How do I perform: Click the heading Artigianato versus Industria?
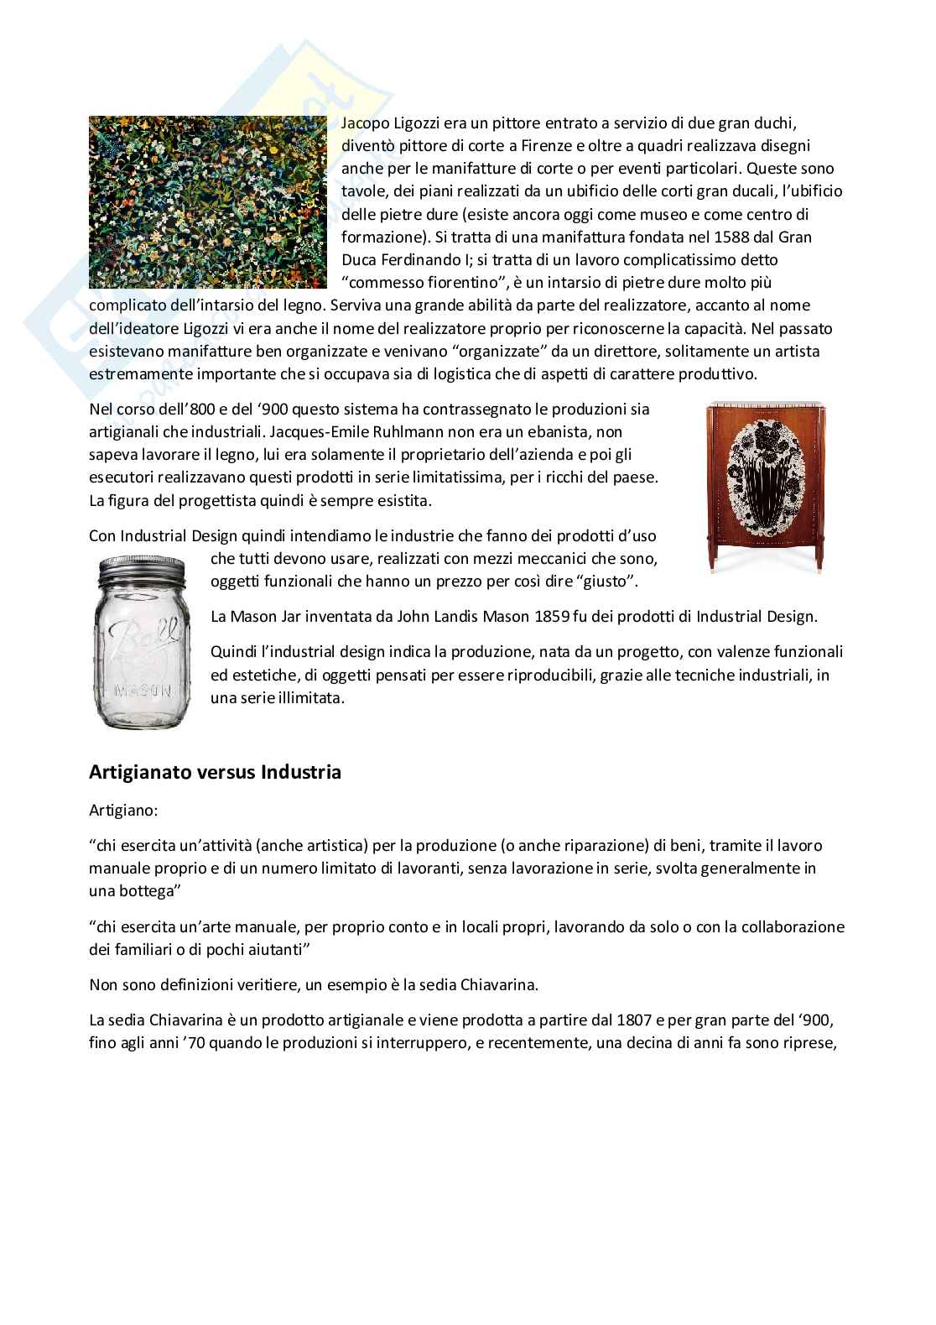click(x=215, y=772)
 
